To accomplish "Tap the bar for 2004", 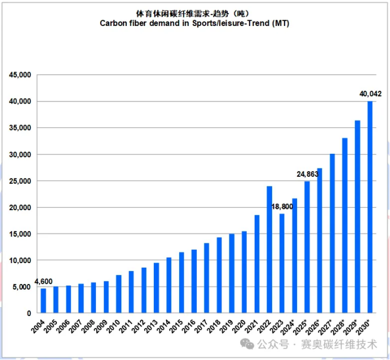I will pos(43,301).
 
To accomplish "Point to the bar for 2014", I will pos(169,285).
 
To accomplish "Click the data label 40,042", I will pos(370,94).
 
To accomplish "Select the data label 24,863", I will pos(308,174).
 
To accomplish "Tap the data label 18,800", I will pos(282,207).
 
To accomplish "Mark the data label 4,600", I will pos(44,281).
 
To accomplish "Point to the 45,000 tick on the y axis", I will pos(20,75).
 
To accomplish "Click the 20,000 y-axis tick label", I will pos(20,207).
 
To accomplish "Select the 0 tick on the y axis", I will pos(29,313).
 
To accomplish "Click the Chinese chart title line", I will pos(194,13).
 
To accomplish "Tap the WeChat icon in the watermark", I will pos(246,343).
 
